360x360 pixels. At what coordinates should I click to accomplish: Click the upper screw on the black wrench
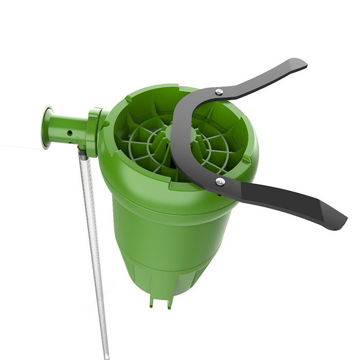click(219, 92)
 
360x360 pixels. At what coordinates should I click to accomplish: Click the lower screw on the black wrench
click(220, 181)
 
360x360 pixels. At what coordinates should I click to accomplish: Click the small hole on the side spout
click(69, 133)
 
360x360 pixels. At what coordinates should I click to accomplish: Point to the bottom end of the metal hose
click(106, 355)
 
